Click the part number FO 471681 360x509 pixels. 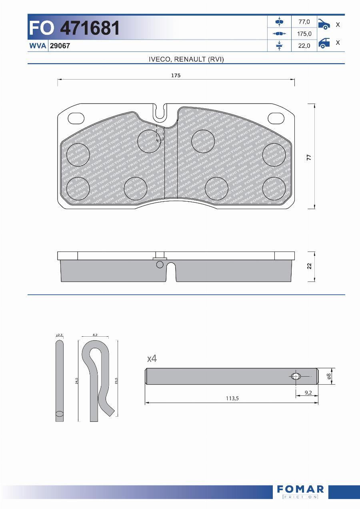point(74,28)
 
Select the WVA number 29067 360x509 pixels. point(60,46)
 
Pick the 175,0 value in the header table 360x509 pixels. point(304,34)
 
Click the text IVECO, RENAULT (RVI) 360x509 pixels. point(186,59)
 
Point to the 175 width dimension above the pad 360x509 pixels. point(176,76)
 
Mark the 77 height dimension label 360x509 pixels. point(309,157)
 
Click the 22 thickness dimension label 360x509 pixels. point(309,266)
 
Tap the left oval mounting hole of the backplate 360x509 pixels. point(76,118)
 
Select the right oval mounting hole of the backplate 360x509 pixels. point(276,118)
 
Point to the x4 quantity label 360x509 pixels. point(152,359)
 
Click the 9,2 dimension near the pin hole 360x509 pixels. point(308,393)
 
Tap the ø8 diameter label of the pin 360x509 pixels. point(329,376)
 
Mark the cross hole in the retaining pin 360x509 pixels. point(296,376)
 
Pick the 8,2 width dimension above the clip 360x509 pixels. point(95,335)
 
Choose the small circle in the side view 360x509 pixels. point(160,264)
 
